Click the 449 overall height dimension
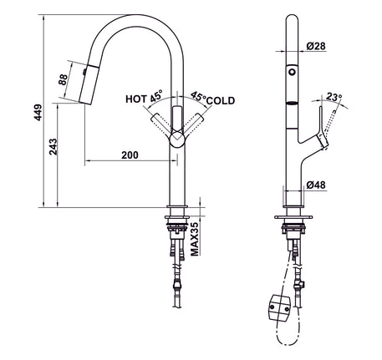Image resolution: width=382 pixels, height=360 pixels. pyautogui.click(x=38, y=112)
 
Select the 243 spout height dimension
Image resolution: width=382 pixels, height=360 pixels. pyautogui.click(x=53, y=147)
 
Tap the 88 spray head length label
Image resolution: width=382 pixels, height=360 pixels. pyautogui.click(x=63, y=79)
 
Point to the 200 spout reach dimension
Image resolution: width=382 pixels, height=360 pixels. pyautogui.click(x=130, y=155)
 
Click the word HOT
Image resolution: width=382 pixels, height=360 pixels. pyautogui.click(x=136, y=99)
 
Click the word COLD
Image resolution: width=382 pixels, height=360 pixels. pyautogui.click(x=221, y=100)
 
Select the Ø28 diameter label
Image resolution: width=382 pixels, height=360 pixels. pyautogui.click(x=316, y=46)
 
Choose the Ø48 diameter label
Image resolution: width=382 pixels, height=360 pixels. pyautogui.click(x=316, y=185)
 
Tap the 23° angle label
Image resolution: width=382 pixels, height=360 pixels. pyautogui.click(x=334, y=97)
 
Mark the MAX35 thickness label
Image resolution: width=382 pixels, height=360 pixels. pyautogui.click(x=195, y=239)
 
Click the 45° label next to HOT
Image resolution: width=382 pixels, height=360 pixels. pyautogui.click(x=156, y=96)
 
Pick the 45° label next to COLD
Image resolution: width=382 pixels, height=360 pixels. pyautogui.click(x=198, y=96)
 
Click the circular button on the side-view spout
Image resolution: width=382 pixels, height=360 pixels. pyautogui.click(x=292, y=72)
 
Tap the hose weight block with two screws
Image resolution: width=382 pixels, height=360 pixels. pyautogui.click(x=280, y=307)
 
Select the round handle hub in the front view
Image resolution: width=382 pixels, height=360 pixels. pyautogui.click(x=177, y=139)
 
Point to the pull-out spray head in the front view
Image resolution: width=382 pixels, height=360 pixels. pyautogui.click(x=89, y=84)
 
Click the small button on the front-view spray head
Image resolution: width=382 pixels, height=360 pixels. pyautogui.click(x=84, y=72)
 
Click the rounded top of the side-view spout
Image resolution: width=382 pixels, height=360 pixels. pyautogui.click(x=292, y=18)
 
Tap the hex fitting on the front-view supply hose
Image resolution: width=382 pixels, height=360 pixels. pyautogui.click(x=177, y=285)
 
